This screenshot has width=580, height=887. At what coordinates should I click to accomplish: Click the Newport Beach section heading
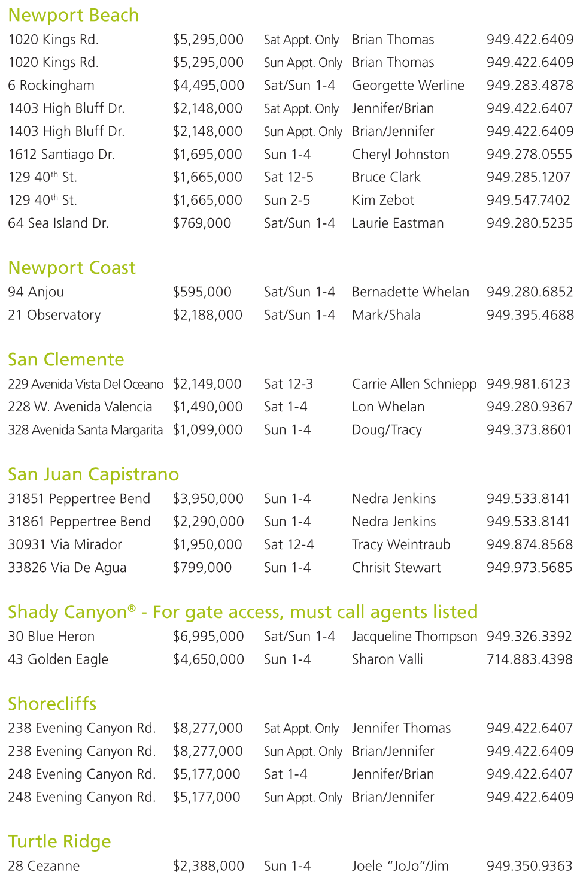(73, 15)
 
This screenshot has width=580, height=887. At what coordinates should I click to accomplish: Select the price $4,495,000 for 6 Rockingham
(208, 86)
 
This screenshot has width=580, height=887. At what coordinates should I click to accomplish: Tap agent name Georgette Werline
(408, 86)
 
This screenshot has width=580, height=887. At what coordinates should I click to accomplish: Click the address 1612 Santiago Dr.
(61, 155)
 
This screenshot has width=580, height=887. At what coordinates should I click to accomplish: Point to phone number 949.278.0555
(529, 155)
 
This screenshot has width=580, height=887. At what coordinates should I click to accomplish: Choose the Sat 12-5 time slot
(289, 177)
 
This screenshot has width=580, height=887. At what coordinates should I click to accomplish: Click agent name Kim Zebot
(383, 200)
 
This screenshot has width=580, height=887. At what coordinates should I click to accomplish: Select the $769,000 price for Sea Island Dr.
(202, 223)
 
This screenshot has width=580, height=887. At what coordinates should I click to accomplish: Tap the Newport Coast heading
(72, 268)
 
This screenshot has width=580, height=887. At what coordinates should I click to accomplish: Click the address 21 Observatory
(54, 315)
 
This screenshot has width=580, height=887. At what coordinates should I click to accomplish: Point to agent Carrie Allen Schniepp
(414, 384)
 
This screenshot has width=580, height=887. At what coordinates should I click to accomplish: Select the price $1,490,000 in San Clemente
(208, 407)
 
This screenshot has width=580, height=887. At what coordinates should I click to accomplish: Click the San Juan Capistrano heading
(93, 474)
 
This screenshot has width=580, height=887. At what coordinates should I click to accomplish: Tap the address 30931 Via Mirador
(65, 545)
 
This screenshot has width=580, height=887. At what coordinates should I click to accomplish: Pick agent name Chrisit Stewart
(396, 568)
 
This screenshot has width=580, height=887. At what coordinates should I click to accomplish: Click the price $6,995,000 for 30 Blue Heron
(208, 637)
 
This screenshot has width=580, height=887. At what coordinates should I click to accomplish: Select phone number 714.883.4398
(529, 659)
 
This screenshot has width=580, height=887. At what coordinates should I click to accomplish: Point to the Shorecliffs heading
(52, 704)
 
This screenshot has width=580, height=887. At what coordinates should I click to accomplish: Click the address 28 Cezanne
(44, 866)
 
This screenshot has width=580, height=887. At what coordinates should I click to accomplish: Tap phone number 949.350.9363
(529, 866)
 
